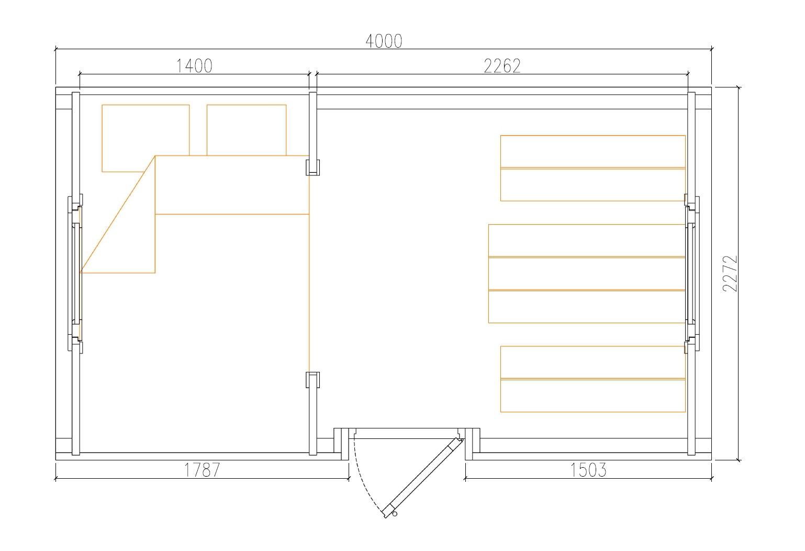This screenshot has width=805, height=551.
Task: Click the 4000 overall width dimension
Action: tap(384, 41)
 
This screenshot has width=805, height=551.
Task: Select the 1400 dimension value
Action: tap(194, 66)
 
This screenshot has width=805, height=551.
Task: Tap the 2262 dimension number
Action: tap(502, 66)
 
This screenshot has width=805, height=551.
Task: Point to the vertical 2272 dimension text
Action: tap(730, 273)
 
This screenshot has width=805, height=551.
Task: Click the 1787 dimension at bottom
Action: tap(202, 470)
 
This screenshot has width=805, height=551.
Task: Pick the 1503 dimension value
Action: tap(588, 470)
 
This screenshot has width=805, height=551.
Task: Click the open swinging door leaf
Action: tap(422, 477)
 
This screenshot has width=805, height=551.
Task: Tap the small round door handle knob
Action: tap(395, 514)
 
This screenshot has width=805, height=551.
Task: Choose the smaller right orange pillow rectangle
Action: tap(247, 129)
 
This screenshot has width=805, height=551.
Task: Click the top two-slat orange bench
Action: tap(592, 168)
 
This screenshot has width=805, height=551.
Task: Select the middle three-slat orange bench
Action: tap(587, 273)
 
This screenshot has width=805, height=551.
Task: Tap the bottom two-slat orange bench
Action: tap(592, 379)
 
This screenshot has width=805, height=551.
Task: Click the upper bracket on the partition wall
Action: tap(312, 167)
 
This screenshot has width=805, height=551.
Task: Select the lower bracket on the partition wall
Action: tap(312, 380)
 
